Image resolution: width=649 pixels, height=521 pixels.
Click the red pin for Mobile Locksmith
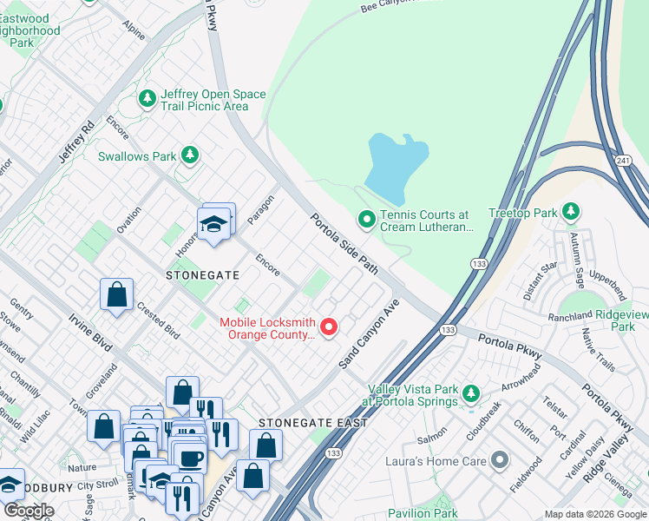click(x=329, y=326)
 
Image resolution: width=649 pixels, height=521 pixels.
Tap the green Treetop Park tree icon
click(x=570, y=211)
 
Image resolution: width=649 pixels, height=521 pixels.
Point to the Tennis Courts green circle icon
click(x=366, y=221)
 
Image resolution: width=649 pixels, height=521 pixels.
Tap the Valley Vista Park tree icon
click(x=470, y=394)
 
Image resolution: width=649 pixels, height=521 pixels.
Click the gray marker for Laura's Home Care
click(x=499, y=460)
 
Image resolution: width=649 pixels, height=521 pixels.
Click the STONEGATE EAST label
click(x=313, y=423)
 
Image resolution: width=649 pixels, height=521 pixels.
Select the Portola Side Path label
click(x=344, y=244)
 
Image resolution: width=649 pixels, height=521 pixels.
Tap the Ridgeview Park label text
click(x=610, y=320)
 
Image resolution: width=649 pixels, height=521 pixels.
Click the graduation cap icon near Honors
click(x=213, y=225)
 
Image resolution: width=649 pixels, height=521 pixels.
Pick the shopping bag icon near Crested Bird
click(x=116, y=293)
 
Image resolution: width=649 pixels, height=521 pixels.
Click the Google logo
click(x=29, y=511)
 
